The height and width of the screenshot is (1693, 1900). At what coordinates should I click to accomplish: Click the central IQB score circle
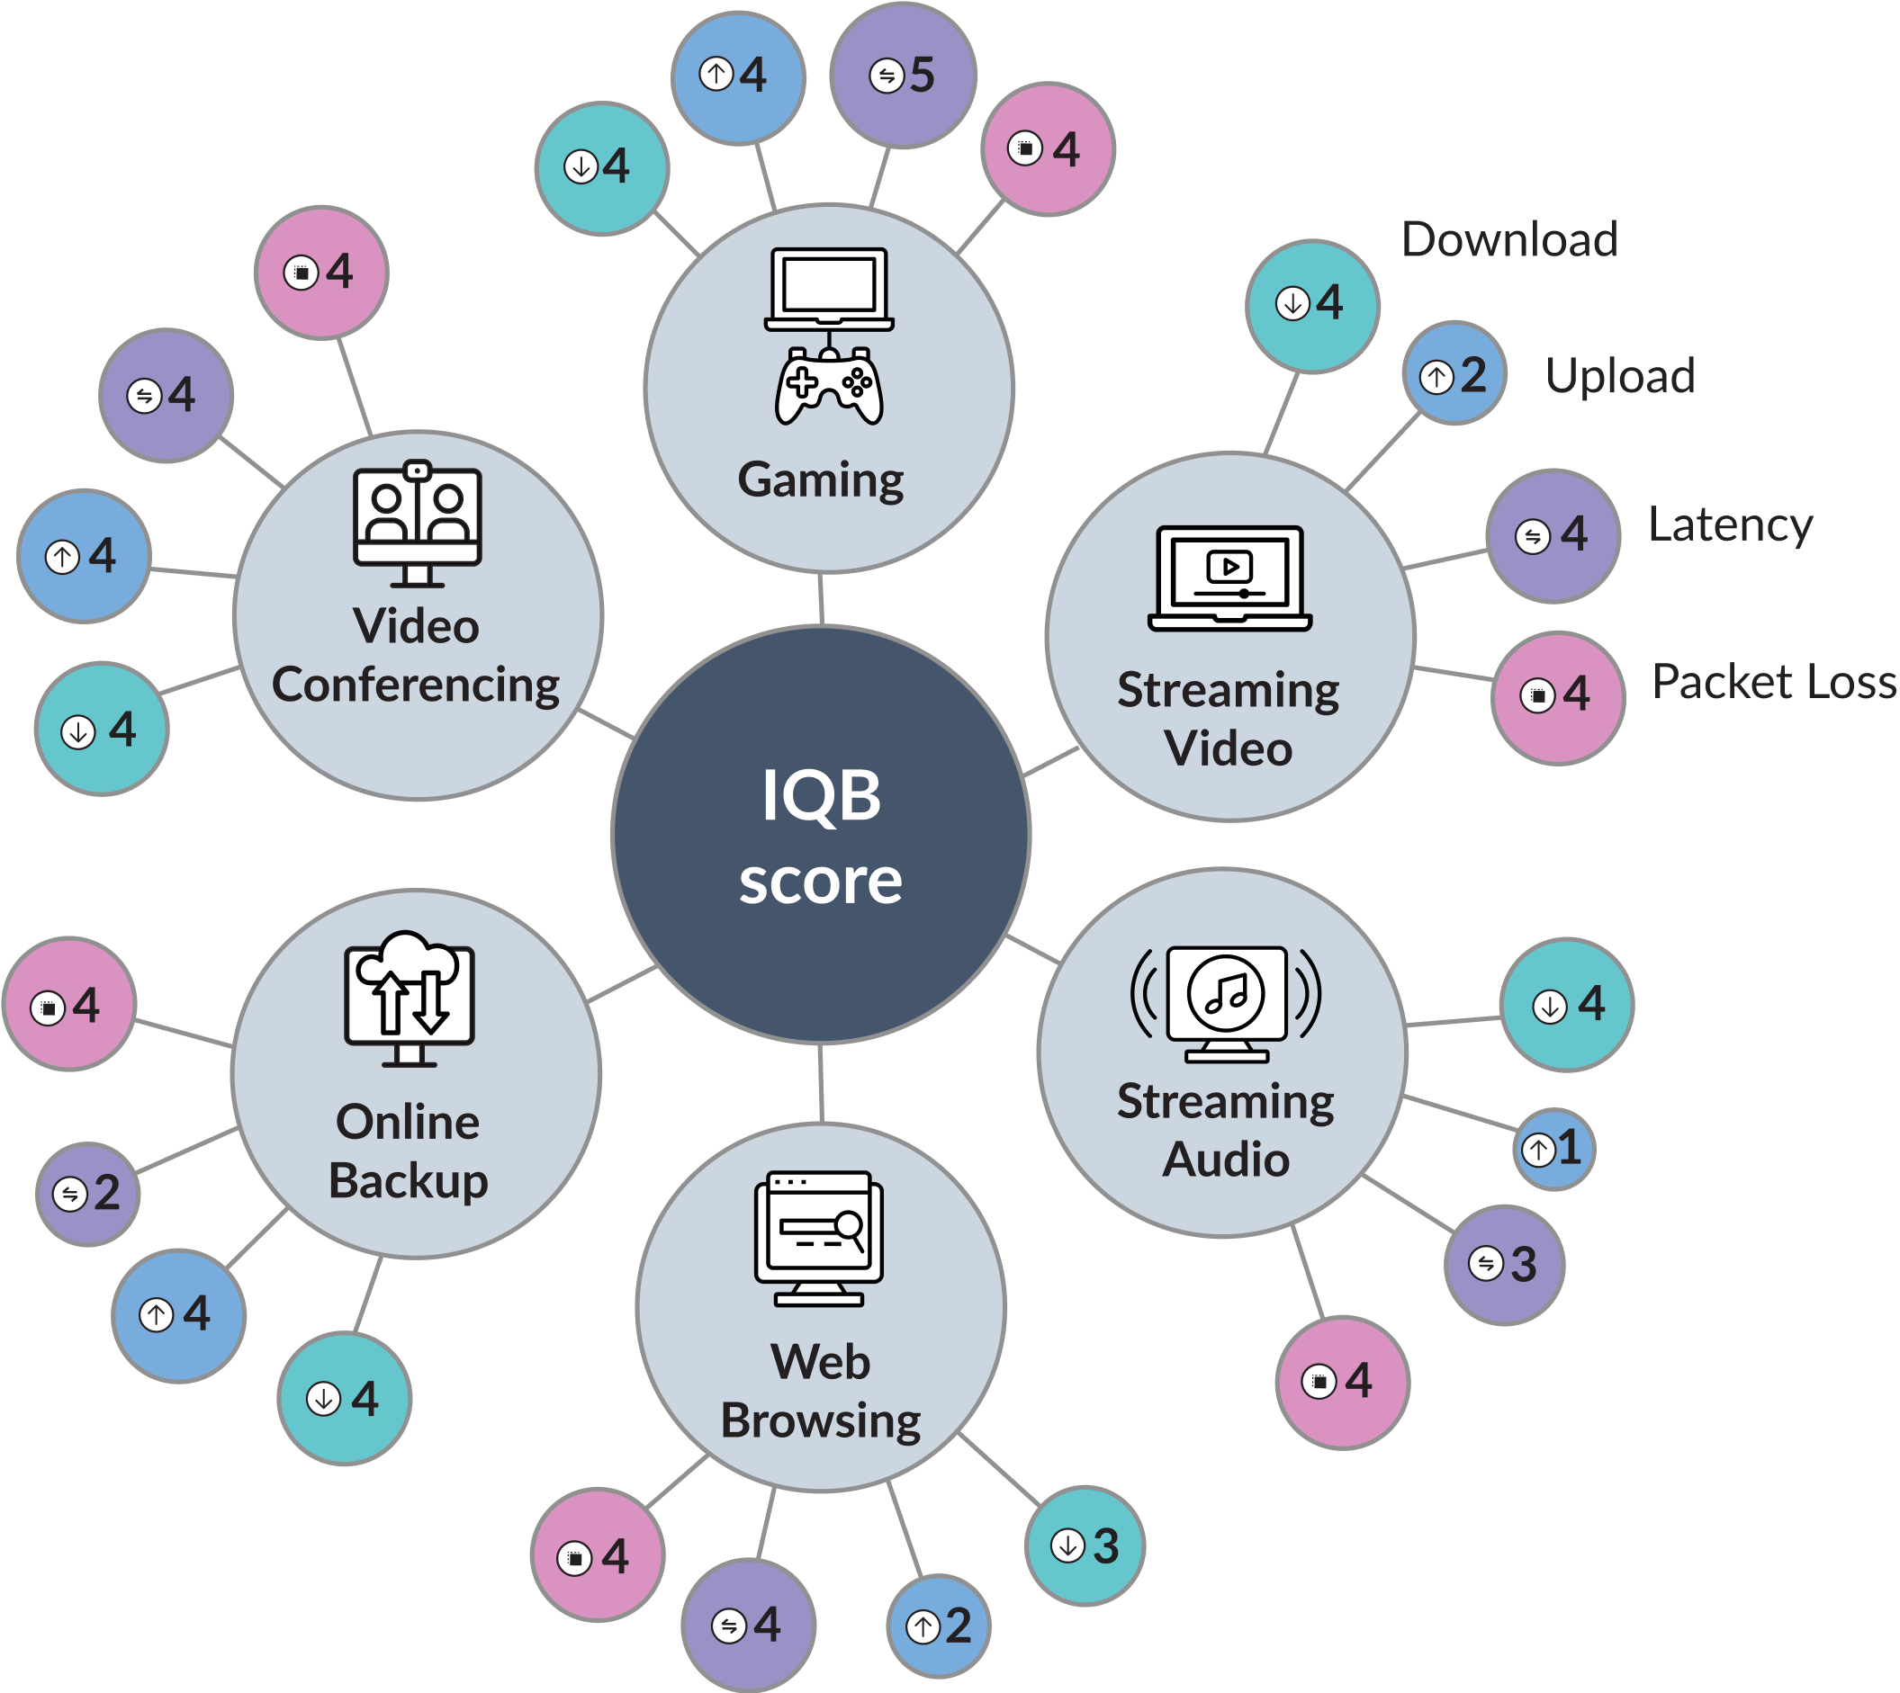click(821, 835)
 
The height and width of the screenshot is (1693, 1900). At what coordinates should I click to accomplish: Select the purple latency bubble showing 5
click(903, 75)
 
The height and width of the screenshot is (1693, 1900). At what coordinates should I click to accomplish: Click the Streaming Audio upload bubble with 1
click(1553, 1149)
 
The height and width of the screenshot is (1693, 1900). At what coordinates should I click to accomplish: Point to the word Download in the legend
click(1509, 240)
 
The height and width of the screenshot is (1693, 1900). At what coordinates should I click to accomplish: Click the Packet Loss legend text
click(1773, 682)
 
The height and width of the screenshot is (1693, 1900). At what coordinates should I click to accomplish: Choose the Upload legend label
click(1620, 376)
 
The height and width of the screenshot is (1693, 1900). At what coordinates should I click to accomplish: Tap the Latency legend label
click(1730, 524)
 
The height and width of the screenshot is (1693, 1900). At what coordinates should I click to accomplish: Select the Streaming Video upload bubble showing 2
click(1454, 374)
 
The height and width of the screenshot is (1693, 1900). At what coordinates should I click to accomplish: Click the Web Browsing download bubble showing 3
click(1085, 1546)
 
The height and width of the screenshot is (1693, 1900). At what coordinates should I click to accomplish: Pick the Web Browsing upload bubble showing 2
click(939, 1626)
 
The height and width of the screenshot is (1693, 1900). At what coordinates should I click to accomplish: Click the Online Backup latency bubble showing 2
click(88, 1194)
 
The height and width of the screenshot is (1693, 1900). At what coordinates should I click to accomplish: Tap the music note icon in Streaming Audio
click(1227, 993)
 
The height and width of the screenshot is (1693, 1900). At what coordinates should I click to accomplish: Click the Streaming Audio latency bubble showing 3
click(1505, 1265)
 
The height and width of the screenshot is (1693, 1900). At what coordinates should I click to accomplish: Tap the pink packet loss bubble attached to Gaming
click(1048, 148)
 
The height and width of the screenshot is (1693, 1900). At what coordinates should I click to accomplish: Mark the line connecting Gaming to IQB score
click(821, 599)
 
